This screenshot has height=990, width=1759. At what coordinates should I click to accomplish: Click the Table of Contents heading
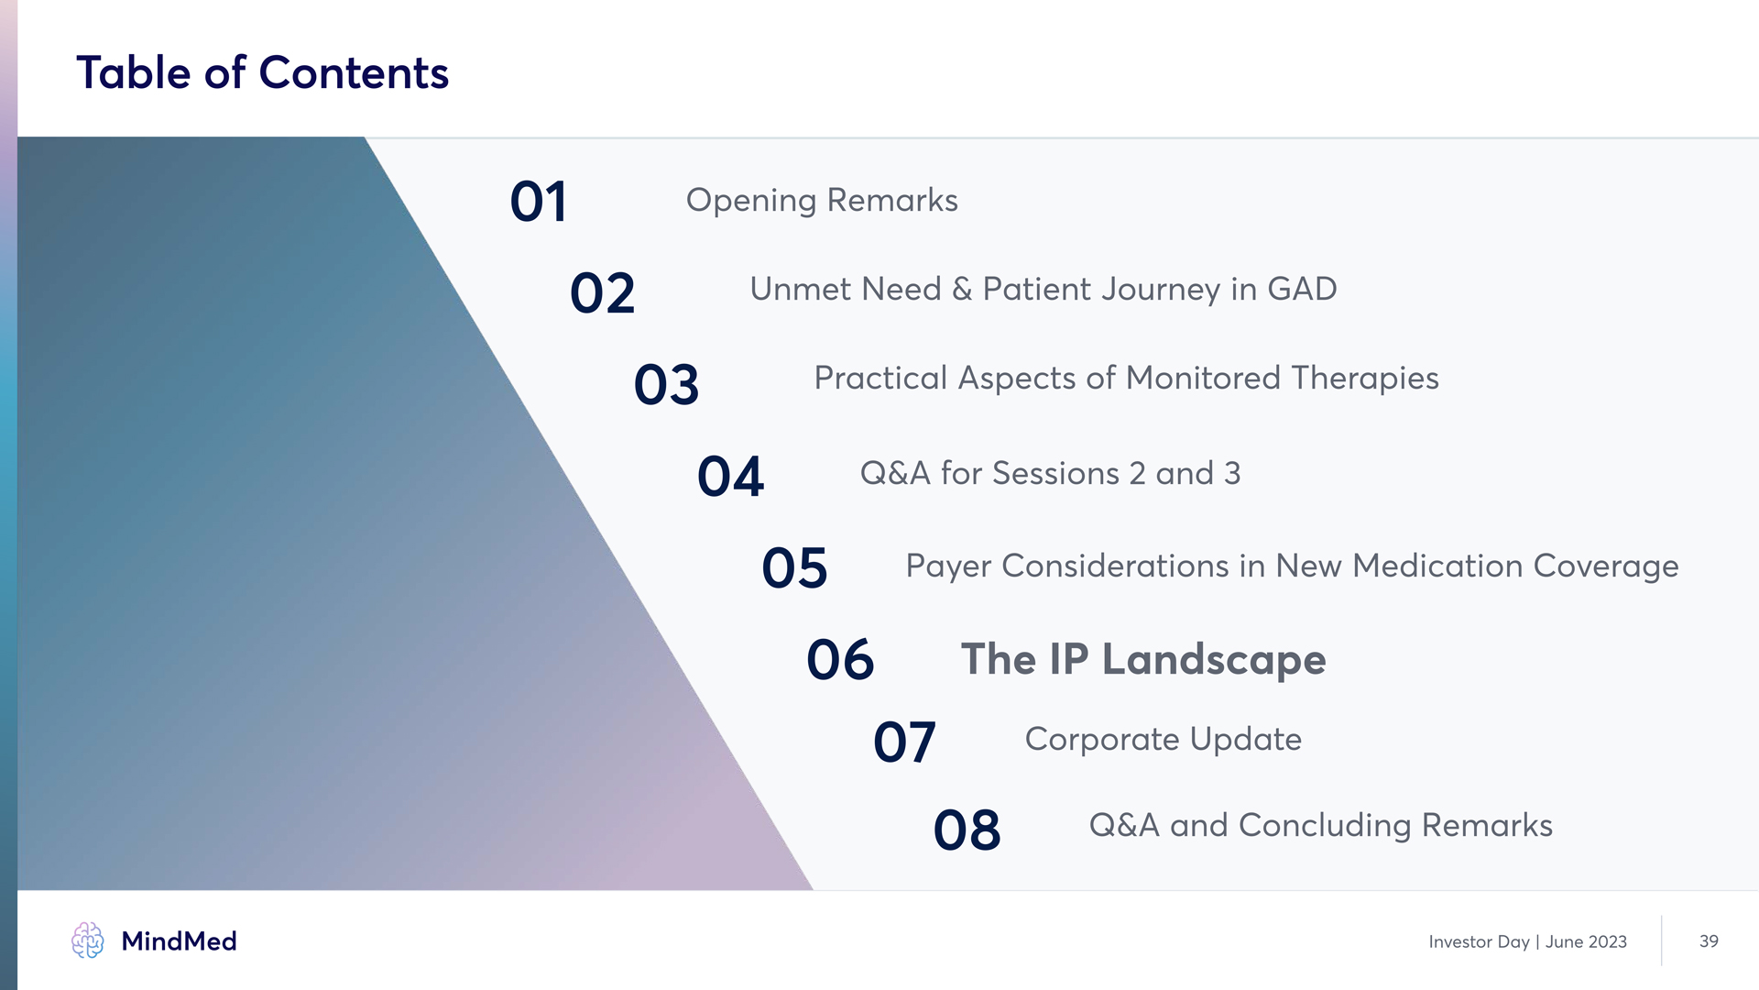pyautogui.click(x=262, y=72)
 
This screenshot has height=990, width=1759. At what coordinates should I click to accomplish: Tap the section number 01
pyautogui.click(x=539, y=202)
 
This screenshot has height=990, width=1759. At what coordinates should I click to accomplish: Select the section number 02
pyautogui.click(x=602, y=293)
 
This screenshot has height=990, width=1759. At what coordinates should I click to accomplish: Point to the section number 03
pyautogui.click(x=666, y=385)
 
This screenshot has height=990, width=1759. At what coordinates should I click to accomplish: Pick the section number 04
pyautogui.click(x=730, y=477)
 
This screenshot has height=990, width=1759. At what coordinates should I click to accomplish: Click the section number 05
pyautogui.click(x=794, y=568)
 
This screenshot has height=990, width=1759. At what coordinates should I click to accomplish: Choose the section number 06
pyautogui.click(x=840, y=660)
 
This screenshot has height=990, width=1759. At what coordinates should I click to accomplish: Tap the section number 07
pyautogui.click(x=904, y=742)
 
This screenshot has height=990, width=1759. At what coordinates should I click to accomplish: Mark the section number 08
pyautogui.click(x=967, y=830)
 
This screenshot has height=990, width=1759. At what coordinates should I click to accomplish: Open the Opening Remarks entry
pyautogui.click(x=822, y=201)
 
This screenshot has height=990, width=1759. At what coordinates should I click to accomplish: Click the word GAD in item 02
pyautogui.click(x=1302, y=290)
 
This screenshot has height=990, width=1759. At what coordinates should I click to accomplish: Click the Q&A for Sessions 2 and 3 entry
pyautogui.click(x=1050, y=474)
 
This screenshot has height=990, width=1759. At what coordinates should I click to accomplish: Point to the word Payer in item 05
pyautogui.click(x=948, y=567)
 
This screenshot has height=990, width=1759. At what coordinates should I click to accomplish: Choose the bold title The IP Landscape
pyautogui.click(x=1143, y=660)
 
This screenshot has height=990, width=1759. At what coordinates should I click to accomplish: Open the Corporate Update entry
pyautogui.click(x=1164, y=740)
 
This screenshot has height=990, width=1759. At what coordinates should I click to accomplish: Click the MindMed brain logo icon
pyautogui.click(x=88, y=940)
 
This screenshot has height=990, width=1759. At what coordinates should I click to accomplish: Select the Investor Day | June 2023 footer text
pyautogui.click(x=1527, y=942)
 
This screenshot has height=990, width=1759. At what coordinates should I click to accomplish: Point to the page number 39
pyautogui.click(x=1709, y=941)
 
